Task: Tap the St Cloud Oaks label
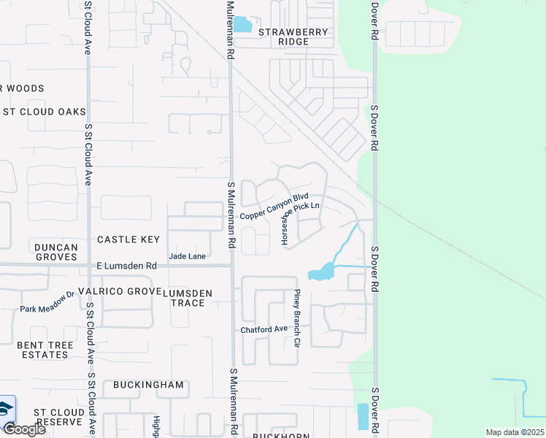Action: click(x=44, y=112)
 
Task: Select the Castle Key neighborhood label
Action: click(x=128, y=239)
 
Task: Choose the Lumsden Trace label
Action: click(x=188, y=298)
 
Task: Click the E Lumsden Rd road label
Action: click(x=126, y=266)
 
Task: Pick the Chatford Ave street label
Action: click(x=264, y=329)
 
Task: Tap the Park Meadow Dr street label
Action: click(x=48, y=302)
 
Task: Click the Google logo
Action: click(x=23, y=429)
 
